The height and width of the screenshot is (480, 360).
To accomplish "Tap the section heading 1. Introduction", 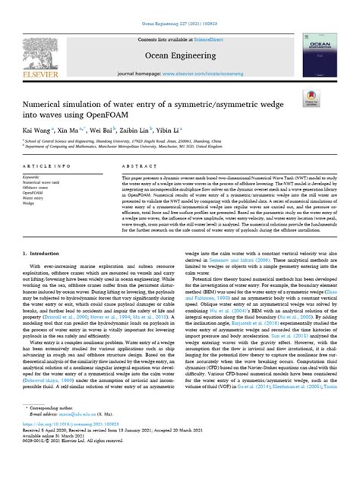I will (x=43, y=252).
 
